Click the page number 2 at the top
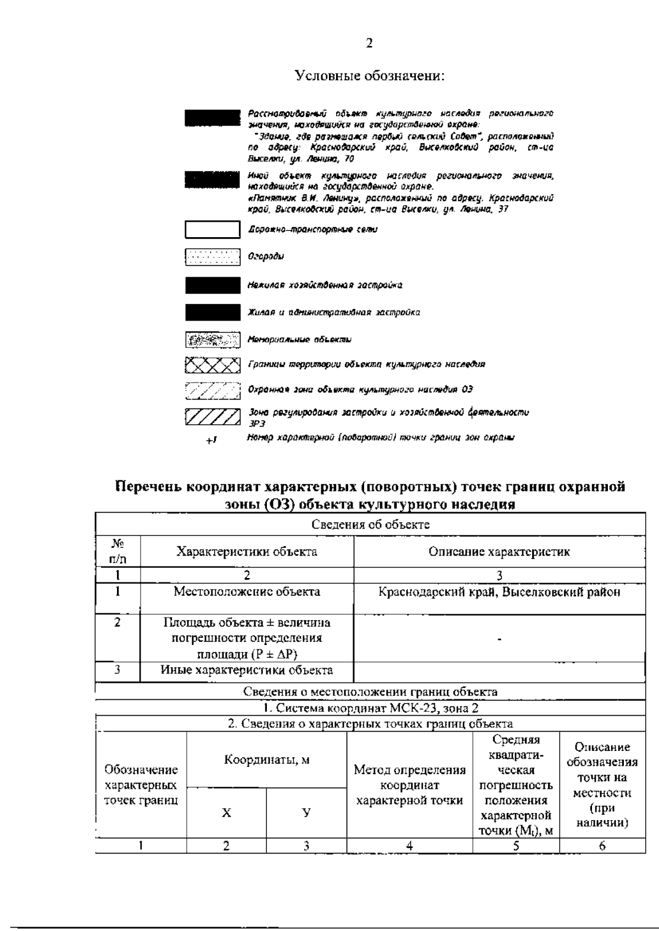[x=369, y=43]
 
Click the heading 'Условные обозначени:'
[x=370, y=75]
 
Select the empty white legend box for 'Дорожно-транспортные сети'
[x=213, y=229]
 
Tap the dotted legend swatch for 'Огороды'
[x=213, y=257]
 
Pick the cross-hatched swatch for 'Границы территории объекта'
[x=213, y=364]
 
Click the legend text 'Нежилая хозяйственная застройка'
[x=325, y=285]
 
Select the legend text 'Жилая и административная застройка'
[x=334, y=312]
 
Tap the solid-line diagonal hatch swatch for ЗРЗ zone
[x=213, y=417]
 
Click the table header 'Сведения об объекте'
[x=370, y=524]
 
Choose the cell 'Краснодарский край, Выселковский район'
[x=499, y=592]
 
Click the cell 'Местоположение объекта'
[x=247, y=592]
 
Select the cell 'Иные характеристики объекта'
[x=247, y=670]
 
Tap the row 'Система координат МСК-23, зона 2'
[x=370, y=708]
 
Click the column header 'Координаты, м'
[x=266, y=760]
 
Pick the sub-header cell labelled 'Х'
[x=226, y=813]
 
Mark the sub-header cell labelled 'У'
[x=306, y=813]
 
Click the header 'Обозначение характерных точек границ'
[x=141, y=785]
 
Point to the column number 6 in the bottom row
[x=602, y=846]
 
